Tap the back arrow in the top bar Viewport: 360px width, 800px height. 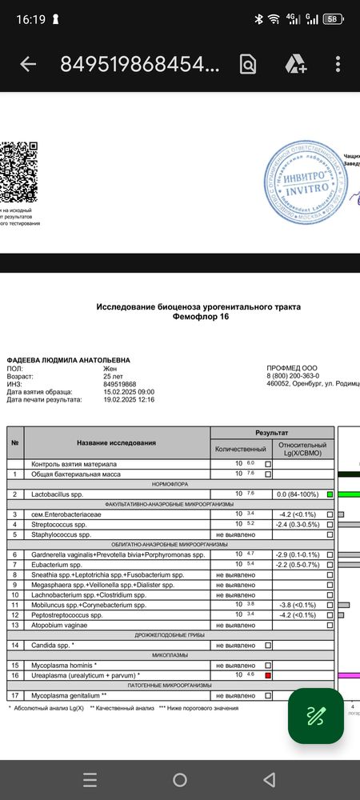tap(28, 65)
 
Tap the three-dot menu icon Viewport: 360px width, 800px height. tap(338, 65)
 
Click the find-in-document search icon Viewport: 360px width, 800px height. tap(247, 65)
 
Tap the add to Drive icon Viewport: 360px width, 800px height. tap(295, 65)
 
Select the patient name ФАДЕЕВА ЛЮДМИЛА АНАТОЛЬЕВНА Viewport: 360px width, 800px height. tap(68, 361)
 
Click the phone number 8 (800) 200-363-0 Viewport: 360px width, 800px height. tap(293, 376)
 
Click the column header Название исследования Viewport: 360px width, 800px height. tap(116, 442)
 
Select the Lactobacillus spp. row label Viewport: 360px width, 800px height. tap(60, 494)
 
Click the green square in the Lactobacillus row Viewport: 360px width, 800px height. tap(329, 494)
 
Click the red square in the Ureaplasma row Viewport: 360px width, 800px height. tap(268, 675)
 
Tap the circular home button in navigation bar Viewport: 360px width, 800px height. tap(180, 779)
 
